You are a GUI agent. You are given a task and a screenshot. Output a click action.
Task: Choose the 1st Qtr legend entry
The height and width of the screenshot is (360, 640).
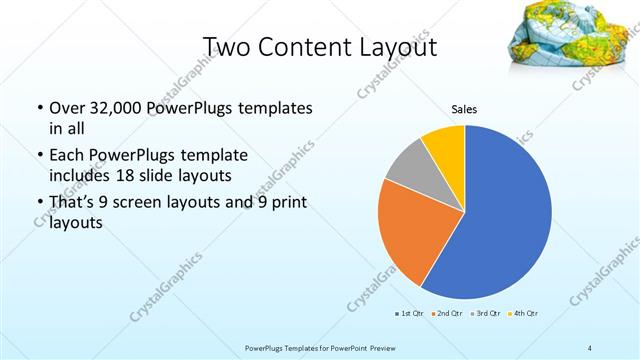tap(409, 315)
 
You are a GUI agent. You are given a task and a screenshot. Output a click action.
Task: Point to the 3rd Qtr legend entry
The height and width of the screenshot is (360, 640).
tap(484, 315)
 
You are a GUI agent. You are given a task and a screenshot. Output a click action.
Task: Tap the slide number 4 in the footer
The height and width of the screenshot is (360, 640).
tap(590, 347)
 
